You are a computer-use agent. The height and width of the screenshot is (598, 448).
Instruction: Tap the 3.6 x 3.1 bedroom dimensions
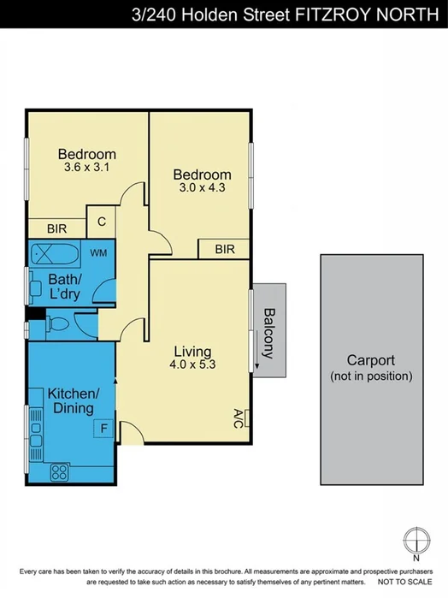point(87,169)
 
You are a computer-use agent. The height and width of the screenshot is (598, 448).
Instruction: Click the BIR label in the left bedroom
point(57,228)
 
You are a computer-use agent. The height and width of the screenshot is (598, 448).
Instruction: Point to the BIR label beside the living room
point(225,249)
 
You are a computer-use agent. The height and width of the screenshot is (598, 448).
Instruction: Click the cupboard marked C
point(101,222)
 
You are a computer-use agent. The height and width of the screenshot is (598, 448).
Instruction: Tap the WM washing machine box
point(98,252)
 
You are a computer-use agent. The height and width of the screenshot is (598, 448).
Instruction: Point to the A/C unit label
point(238,418)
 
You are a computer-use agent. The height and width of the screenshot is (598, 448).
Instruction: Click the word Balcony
point(268,334)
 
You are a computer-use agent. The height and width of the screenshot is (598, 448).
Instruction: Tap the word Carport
point(370,360)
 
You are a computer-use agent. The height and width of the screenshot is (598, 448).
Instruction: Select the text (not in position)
point(370,376)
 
